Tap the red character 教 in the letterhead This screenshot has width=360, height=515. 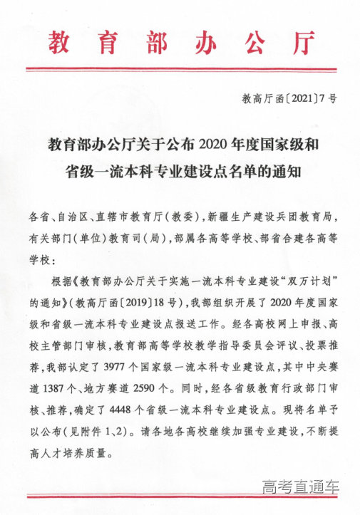62,43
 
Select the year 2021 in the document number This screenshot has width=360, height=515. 293,100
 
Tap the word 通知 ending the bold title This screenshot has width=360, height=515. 289,171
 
